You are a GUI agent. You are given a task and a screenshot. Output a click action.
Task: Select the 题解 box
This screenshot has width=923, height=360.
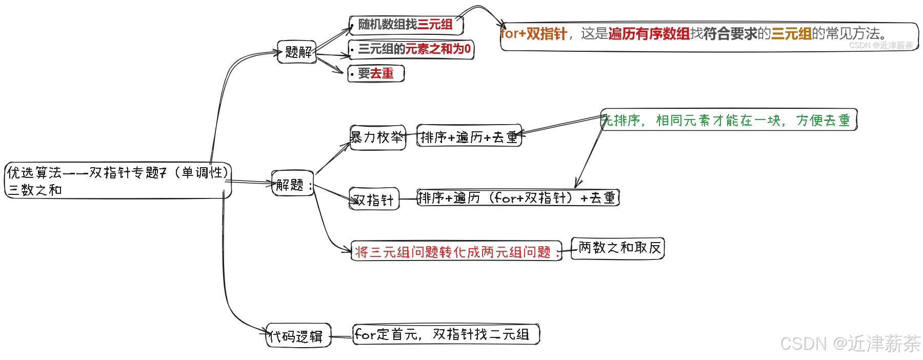pyautogui.click(x=297, y=52)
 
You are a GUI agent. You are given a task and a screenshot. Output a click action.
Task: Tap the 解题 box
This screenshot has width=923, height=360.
pyautogui.click(x=292, y=184)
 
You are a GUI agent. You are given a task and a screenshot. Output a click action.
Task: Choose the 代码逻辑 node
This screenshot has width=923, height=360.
pyautogui.click(x=298, y=336)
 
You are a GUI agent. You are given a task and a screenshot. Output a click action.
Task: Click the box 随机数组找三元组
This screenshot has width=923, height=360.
pyautogui.click(x=406, y=25)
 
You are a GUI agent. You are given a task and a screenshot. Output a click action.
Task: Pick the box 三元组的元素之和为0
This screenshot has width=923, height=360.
pyautogui.click(x=411, y=49)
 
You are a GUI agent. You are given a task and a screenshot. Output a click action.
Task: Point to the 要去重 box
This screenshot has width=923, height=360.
pyautogui.click(x=376, y=74)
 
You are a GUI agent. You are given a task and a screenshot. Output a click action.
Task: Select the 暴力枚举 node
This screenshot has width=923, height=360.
pyautogui.click(x=377, y=137)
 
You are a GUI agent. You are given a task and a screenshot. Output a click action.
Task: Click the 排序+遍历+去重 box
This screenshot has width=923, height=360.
pyautogui.click(x=469, y=136)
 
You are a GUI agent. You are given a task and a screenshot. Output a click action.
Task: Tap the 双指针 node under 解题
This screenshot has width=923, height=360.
pyautogui.click(x=374, y=199)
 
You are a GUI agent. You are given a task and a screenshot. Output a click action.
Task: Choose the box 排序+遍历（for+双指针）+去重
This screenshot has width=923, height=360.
pyautogui.click(x=518, y=197)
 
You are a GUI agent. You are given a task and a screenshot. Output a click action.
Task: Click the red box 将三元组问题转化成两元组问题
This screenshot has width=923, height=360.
pyautogui.click(x=456, y=251)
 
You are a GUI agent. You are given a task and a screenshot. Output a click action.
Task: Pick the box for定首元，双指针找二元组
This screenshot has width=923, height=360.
pyautogui.click(x=446, y=334)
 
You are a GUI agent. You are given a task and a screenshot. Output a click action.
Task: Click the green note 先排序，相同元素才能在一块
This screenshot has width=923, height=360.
pyautogui.click(x=728, y=121)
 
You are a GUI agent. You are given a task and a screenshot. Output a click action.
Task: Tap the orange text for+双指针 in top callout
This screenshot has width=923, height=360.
pyautogui.click(x=533, y=34)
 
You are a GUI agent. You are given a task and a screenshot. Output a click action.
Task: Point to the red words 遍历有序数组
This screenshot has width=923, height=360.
pyautogui.click(x=649, y=34)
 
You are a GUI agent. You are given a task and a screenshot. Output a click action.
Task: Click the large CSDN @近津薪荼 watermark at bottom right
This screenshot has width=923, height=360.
pyautogui.click(x=850, y=344)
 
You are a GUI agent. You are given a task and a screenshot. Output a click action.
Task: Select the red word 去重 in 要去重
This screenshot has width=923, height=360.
pyautogui.click(x=382, y=74)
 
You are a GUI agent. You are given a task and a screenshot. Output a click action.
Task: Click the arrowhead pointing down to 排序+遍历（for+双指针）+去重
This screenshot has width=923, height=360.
pyautogui.click(x=578, y=184)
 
